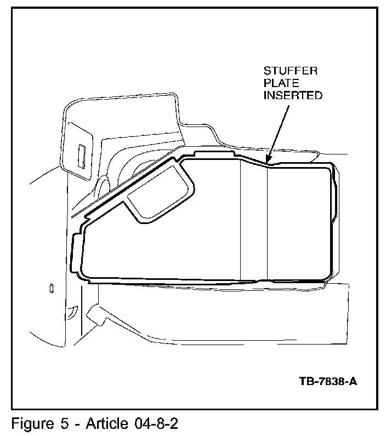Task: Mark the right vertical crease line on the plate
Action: [267, 222]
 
